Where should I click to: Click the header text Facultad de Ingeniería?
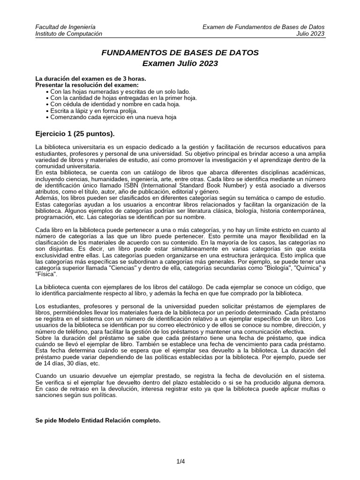66,27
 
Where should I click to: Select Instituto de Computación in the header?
68,34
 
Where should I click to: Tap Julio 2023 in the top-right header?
310,34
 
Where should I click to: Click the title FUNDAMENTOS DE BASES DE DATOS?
180,52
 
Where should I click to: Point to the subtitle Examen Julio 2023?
180,63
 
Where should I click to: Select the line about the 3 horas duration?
91,78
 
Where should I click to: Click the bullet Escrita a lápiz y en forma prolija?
94,111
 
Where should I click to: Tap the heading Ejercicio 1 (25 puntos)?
75,134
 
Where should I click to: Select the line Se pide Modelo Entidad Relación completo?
98,420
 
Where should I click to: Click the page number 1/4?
180,462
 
